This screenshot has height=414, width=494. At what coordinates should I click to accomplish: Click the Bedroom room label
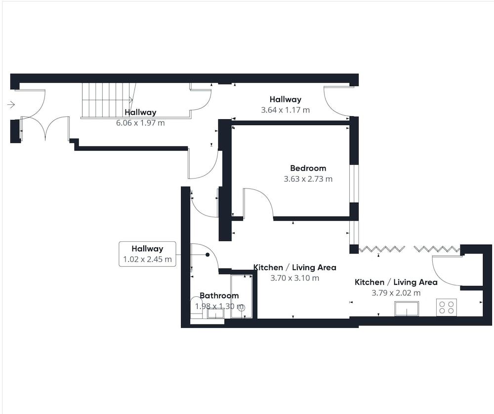click(x=308, y=168)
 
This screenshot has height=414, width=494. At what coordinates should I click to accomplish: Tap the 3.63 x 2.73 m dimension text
click(x=308, y=179)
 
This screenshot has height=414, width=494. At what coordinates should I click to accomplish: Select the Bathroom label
click(x=219, y=296)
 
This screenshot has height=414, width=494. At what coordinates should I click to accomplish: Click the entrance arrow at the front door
click(x=11, y=104)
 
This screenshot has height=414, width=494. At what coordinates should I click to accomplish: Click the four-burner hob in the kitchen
click(x=447, y=307)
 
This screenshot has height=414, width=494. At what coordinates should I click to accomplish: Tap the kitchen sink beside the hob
click(x=407, y=309)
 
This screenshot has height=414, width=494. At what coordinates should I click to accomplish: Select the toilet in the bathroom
click(x=197, y=308)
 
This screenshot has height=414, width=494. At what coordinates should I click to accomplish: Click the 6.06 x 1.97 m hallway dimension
click(x=140, y=123)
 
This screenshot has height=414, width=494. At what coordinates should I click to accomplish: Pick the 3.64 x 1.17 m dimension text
click(x=286, y=110)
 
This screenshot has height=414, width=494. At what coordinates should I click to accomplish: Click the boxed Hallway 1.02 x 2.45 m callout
click(x=147, y=254)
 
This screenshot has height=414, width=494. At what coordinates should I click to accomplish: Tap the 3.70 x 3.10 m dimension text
click(x=295, y=278)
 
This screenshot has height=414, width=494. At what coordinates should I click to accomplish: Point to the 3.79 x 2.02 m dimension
click(x=396, y=293)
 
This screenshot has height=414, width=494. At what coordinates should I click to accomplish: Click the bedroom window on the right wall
click(x=354, y=184)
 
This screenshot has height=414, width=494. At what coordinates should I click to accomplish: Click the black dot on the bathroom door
click(x=207, y=255)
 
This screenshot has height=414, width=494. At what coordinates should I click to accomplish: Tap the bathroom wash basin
click(x=215, y=314)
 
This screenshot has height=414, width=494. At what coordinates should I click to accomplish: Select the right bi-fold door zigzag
click(x=437, y=249)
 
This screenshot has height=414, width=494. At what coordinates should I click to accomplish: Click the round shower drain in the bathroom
click(x=242, y=308)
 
